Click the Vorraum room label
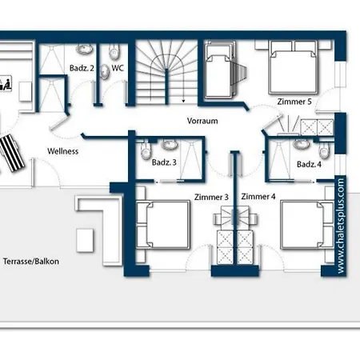[202, 121]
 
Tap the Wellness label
[63, 151]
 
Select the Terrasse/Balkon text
[31, 261]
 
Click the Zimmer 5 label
[294, 102]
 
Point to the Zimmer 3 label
[211, 197]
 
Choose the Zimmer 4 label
[258, 197]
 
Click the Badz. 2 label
[82, 68]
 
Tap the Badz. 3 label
[164, 162]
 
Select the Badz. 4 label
[309, 164]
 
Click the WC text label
[118, 68]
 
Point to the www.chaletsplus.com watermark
[341, 226]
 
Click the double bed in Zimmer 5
[294, 67]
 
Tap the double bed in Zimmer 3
[163, 225]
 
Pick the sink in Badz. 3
[169, 145]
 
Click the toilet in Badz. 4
[324, 150]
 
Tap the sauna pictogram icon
[5, 84]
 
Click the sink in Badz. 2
[85, 49]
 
